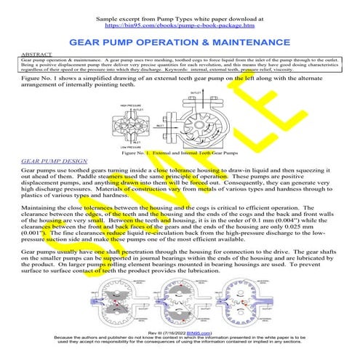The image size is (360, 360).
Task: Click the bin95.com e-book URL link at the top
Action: (x=180, y=23)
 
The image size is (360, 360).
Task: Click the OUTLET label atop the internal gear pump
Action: (x=196, y=93)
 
